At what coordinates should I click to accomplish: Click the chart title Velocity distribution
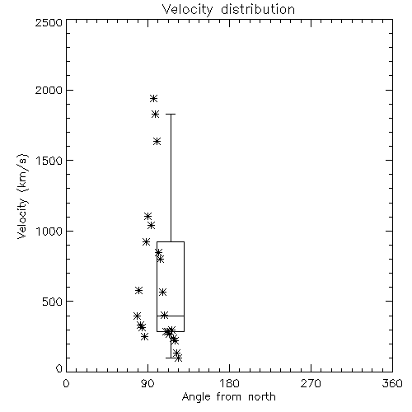click(228, 9)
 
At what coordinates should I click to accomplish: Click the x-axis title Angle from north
click(228, 396)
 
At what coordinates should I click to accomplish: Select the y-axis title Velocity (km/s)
click(22, 196)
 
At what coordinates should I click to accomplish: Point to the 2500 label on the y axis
click(49, 22)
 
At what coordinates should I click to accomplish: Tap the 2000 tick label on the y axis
click(49, 90)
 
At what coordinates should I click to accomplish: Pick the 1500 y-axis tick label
click(49, 161)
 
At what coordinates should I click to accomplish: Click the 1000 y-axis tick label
click(49, 231)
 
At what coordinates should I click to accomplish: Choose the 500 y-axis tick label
click(53, 302)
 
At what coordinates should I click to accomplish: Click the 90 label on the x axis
click(148, 383)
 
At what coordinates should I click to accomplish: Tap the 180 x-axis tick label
click(229, 383)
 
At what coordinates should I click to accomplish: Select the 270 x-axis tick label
click(311, 383)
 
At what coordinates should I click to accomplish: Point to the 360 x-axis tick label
click(392, 383)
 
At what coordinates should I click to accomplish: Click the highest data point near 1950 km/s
click(153, 98)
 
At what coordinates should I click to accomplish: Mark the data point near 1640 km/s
click(157, 142)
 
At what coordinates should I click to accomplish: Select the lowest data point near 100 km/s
click(178, 358)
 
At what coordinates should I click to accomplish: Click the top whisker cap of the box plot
click(171, 114)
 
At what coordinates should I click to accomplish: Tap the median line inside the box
click(171, 316)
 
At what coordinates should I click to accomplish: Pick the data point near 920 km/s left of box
click(146, 241)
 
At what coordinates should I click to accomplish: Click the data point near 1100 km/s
click(147, 216)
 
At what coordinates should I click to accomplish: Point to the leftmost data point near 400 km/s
click(137, 316)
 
